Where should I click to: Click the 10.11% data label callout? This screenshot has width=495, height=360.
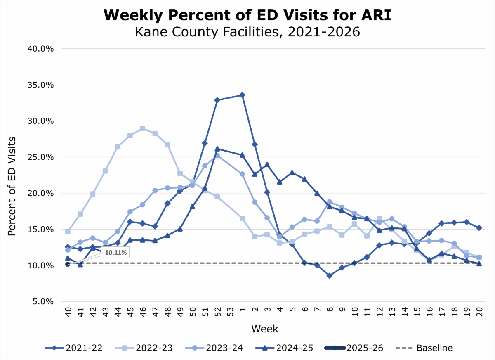tap(115, 252)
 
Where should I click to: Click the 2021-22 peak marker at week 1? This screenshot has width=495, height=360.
tap(242, 95)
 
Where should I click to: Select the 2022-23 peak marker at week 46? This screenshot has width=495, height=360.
tap(143, 128)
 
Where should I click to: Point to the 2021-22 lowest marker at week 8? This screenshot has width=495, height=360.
tap(330, 275)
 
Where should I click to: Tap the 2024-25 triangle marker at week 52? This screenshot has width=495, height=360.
tap(217, 149)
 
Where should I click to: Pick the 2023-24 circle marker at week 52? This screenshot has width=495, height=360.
tap(217, 156)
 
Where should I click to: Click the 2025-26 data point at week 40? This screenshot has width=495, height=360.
tap(68, 264)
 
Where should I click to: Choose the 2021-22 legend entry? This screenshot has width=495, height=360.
tap(73, 348)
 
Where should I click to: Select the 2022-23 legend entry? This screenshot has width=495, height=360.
tap(144, 348)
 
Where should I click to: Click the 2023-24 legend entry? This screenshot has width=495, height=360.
tap(214, 348)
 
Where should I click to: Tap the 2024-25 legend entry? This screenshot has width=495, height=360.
tap(284, 348)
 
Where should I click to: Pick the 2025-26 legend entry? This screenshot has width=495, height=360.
tap(354, 348)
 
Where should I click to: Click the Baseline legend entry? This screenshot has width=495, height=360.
tap(424, 348)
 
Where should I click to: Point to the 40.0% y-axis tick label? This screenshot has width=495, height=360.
tap(40, 49)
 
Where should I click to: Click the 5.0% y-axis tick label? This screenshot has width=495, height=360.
tap(43, 302)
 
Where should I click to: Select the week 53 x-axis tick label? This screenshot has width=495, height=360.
tap(230, 312)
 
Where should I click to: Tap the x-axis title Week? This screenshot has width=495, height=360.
tap(265, 329)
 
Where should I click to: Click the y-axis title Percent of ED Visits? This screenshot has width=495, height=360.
tap(12, 186)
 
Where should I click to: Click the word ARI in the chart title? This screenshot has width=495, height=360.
tap(376, 15)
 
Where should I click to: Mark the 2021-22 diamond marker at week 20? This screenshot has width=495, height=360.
tap(479, 228)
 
